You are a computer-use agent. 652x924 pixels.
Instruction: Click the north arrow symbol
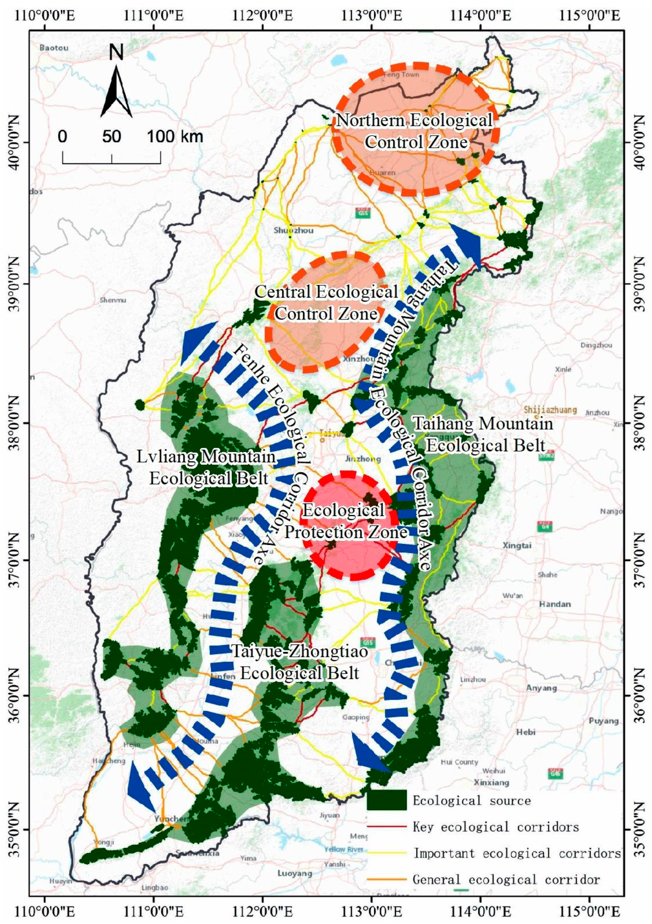click(116, 90)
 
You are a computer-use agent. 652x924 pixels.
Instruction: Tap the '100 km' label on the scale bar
click(174, 137)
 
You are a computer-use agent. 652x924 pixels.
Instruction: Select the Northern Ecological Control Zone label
click(415, 131)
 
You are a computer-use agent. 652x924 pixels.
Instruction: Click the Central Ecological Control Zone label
click(326, 303)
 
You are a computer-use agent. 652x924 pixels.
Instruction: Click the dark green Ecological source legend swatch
click(387, 800)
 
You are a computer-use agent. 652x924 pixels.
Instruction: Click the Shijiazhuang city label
click(550, 410)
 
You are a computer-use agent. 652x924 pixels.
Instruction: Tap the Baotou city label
click(54, 48)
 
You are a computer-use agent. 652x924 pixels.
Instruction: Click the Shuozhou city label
click(293, 230)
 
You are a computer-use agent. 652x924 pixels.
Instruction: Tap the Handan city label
click(555, 604)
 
